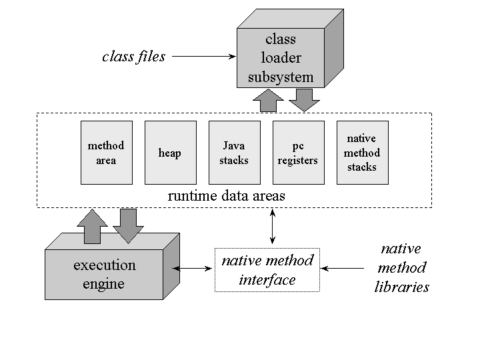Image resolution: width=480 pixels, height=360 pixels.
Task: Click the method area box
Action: (106, 153)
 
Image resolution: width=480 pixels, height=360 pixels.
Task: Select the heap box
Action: (170, 153)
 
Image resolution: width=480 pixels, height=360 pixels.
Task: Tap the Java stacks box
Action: (234, 153)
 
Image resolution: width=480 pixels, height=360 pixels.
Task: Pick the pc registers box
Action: (298, 153)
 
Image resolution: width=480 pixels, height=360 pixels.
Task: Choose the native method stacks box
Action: (362, 153)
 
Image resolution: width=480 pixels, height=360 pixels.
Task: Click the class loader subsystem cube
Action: (281, 59)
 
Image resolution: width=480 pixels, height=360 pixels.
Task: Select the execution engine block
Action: (104, 274)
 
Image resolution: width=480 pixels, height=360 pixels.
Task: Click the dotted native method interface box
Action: (267, 270)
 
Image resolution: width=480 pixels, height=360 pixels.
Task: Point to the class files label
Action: (133, 57)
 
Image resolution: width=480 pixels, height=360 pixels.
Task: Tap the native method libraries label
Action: (402, 268)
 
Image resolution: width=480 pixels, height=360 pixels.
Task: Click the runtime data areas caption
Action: (227, 196)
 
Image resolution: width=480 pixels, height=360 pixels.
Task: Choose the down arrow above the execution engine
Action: (128, 225)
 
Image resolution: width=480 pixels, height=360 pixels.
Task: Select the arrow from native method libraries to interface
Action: (343, 269)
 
